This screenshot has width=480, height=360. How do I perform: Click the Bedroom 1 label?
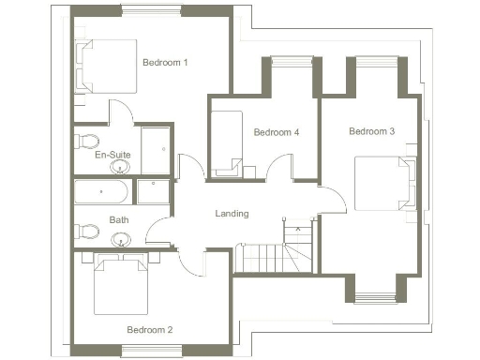(165, 63)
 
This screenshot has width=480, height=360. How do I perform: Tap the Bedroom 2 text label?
(150, 329)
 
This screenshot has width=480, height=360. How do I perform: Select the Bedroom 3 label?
(371, 131)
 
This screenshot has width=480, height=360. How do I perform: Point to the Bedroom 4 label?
(277, 132)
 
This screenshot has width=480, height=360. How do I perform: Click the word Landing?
(232, 214)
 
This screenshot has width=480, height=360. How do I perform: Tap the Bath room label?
(119, 220)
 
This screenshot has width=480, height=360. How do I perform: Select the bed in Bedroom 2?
(121, 286)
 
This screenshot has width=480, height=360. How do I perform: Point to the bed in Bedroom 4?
(228, 143)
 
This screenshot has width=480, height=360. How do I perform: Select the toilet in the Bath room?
(86, 230)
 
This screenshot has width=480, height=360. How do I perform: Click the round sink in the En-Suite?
(120, 169)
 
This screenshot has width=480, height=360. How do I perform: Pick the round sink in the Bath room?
(118, 241)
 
